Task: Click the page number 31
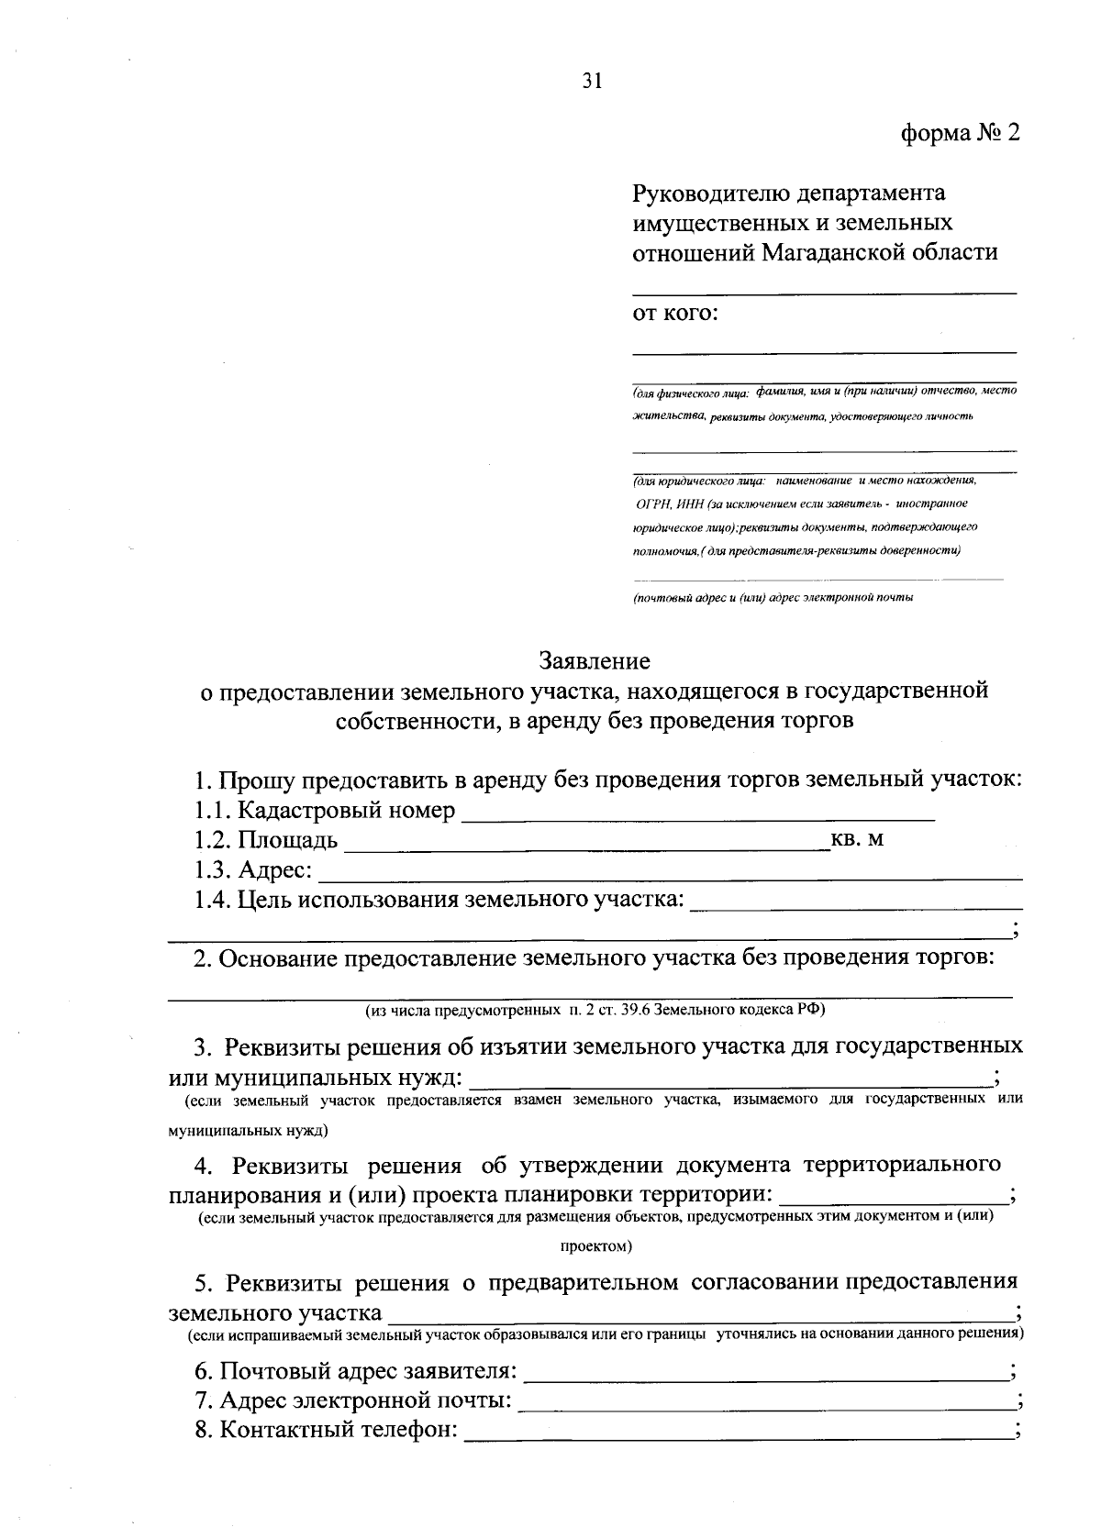click(x=591, y=82)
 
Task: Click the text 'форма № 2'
click(x=959, y=134)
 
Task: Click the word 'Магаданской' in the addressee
click(x=830, y=251)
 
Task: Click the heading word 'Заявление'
click(x=595, y=660)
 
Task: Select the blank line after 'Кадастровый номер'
click(x=697, y=813)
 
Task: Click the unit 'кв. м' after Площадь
click(x=857, y=839)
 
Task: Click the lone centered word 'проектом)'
click(x=595, y=1246)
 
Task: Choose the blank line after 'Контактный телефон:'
click(x=738, y=1433)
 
